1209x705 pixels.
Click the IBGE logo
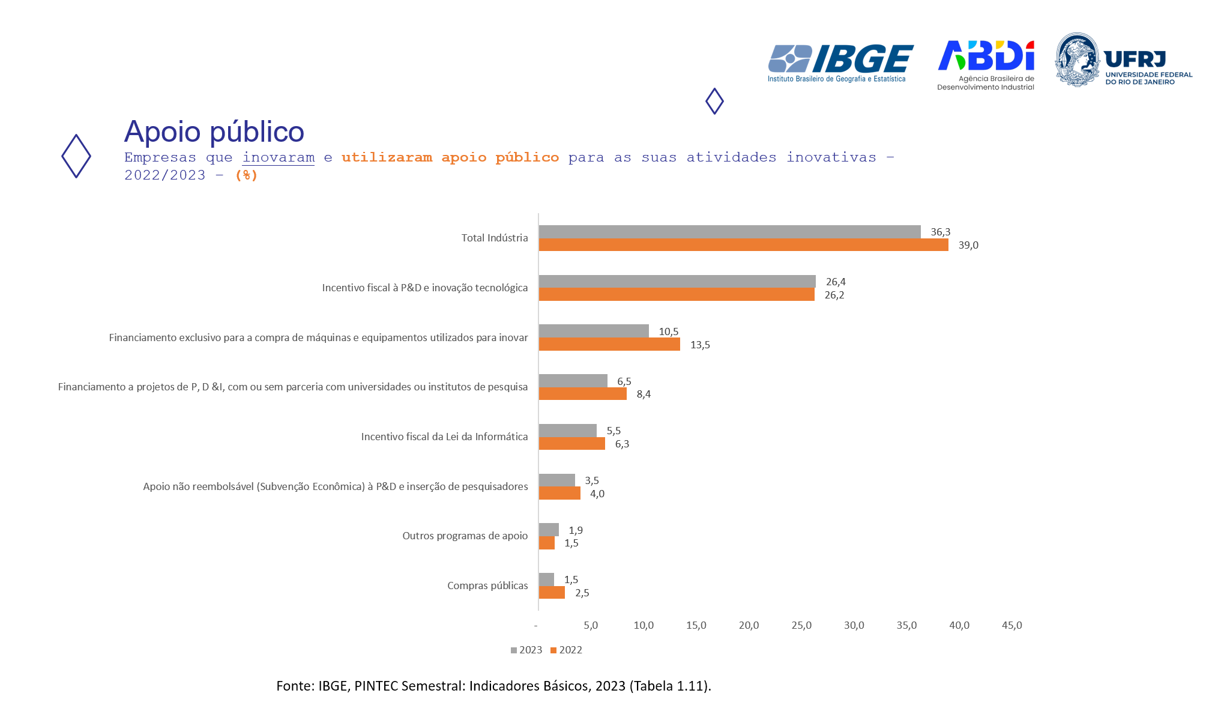point(840,62)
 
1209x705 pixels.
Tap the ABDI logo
point(986,64)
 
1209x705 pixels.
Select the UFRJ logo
point(1123,60)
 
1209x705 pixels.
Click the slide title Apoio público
point(214,132)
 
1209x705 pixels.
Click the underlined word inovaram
point(279,157)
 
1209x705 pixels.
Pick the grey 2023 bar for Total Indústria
point(729,232)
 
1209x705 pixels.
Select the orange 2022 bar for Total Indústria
point(743,245)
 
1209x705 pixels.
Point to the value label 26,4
point(836,282)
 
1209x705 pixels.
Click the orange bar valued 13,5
point(609,345)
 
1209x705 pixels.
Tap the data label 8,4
point(644,395)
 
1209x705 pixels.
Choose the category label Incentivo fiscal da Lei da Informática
point(444,437)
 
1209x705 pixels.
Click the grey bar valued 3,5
point(556,480)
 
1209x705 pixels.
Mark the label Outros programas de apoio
point(465,536)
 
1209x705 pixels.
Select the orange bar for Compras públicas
point(552,593)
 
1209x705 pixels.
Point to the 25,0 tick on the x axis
point(801,625)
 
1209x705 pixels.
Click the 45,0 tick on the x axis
point(1012,625)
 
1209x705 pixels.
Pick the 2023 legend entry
point(526,650)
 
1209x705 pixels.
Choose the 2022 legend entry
point(567,650)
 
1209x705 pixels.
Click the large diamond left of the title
point(76,156)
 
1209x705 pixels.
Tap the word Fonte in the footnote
point(295,686)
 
